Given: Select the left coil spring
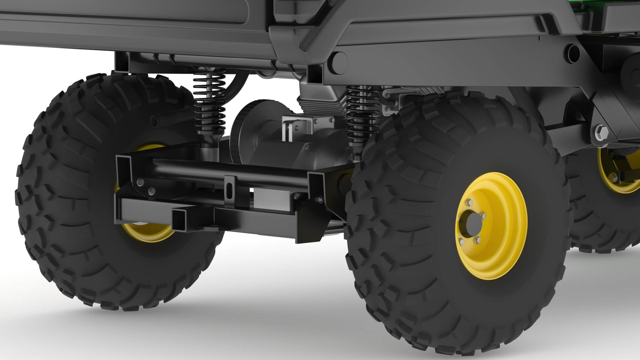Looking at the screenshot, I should click(x=209, y=102).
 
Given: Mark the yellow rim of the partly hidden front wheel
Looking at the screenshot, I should click(x=618, y=174).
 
